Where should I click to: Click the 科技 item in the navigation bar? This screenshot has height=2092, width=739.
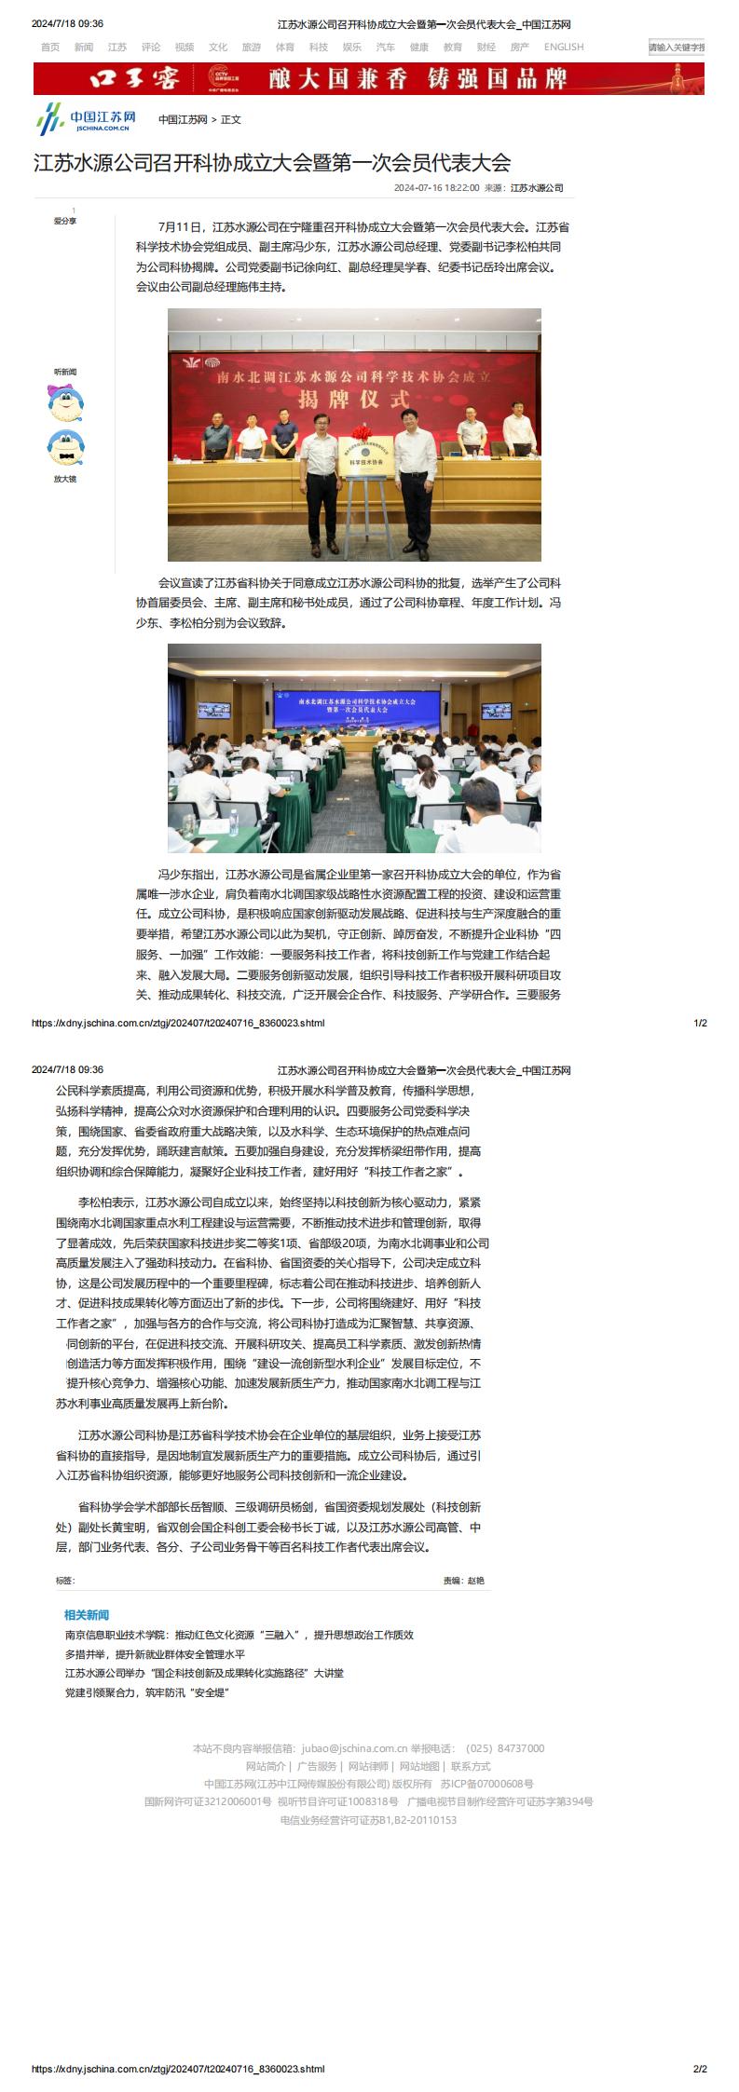(x=319, y=47)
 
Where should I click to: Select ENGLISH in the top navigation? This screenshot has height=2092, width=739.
(x=564, y=47)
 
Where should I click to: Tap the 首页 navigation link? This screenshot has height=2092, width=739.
(x=50, y=47)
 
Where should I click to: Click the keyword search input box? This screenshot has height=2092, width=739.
(x=676, y=48)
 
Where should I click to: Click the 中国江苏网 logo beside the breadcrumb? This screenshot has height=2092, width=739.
(x=87, y=120)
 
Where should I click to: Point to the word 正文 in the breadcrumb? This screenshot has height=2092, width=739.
(x=231, y=120)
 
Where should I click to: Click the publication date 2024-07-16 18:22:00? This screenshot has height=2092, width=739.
(x=436, y=188)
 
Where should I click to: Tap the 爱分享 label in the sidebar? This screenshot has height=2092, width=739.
(x=65, y=221)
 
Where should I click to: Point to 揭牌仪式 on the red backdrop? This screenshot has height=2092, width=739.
(x=354, y=399)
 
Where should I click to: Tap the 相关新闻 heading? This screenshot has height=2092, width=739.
(x=87, y=1614)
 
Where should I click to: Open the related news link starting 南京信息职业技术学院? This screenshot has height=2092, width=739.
(x=239, y=1634)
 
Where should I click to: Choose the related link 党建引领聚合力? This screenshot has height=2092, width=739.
(x=147, y=1692)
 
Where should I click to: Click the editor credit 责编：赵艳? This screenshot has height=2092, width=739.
(x=463, y=1580)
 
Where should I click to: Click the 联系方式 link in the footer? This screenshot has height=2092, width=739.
(x=471, y=1766)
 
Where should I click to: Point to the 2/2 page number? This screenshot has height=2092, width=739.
(x=700, y=2069)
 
